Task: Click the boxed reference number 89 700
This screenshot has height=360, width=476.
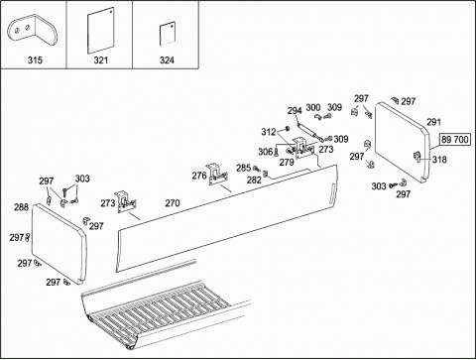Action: [x=455, y=140]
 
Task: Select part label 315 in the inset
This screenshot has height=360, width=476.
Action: [x=35, y=60]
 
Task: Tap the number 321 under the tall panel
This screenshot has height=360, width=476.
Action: [x=101, y=60]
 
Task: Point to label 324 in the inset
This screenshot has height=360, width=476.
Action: [x=167, y=60]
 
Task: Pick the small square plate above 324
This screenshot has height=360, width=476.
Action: [x=168, y=34]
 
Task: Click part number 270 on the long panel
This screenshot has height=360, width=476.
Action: [x=173, y=203]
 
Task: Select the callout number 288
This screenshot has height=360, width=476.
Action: [x=21, y=207]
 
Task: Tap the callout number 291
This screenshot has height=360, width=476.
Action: [x=433, y=122]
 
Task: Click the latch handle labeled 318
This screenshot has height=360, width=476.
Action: [x=417, y=156]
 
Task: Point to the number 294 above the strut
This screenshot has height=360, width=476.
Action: [x=295, y=111]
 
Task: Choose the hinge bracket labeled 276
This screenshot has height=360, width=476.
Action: [x=218, y=175]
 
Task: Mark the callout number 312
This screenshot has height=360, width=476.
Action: [x=269, y=132]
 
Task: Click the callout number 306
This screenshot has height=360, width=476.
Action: [x=266, y=152]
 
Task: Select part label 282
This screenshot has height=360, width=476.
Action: [x=254, y=180]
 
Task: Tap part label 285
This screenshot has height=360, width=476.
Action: [x=243, y=168]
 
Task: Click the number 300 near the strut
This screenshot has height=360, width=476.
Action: [x=313, y=107]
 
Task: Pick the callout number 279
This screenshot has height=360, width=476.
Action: [x=287, y=162]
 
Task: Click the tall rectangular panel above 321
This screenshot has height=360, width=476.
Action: [x=101, y=31]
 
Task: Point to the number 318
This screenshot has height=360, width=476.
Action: [x=439, y=160]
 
